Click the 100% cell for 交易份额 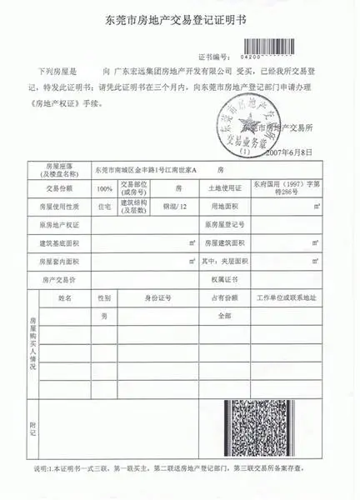pos(106,188)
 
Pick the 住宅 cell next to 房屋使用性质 pos(105,206)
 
